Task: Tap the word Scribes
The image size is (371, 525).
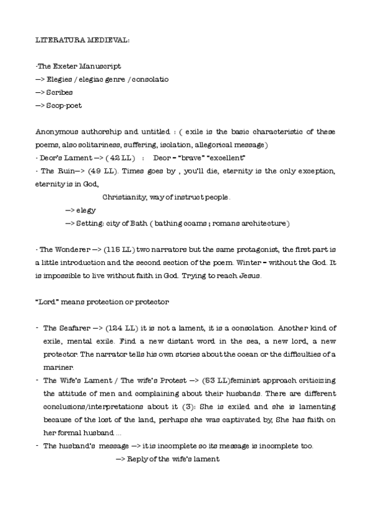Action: coord(59,92)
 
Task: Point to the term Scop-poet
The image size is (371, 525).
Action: coord(64,105)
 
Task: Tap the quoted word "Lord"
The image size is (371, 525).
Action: coord(46,302)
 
